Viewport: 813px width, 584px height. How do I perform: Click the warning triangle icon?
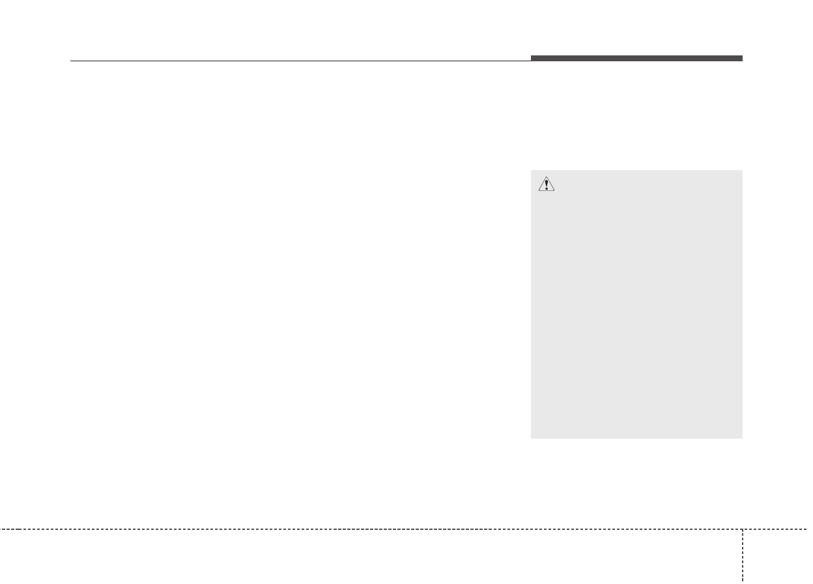click(546, 185)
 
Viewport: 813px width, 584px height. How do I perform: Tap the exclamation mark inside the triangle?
click(546, 185)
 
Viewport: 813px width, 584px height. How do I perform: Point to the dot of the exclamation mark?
click(546, 189)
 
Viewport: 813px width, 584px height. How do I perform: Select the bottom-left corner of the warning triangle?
click(538, 191)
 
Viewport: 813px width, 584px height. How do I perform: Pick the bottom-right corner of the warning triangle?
click(554, 191)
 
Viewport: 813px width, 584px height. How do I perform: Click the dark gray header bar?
click(636, 59)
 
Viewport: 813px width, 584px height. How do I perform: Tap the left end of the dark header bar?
click(532, 59)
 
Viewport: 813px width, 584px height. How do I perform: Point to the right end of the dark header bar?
click(742, 59)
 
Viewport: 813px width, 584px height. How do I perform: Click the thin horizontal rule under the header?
click(300, 61)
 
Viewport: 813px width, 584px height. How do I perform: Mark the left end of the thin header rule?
click(70, 61)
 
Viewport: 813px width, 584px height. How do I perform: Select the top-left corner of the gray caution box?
click(532, 171)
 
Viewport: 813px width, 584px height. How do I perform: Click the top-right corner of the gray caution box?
click(742, 171)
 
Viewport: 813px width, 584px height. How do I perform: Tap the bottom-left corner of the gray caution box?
click(532, 438)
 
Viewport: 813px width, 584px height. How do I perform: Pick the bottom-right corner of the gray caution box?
click(742, 438)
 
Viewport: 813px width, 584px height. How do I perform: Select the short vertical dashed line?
click(742, 554)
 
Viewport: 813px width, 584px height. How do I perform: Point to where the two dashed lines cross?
click(742, 529)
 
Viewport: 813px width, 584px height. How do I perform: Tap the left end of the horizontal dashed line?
click(1, 529)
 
